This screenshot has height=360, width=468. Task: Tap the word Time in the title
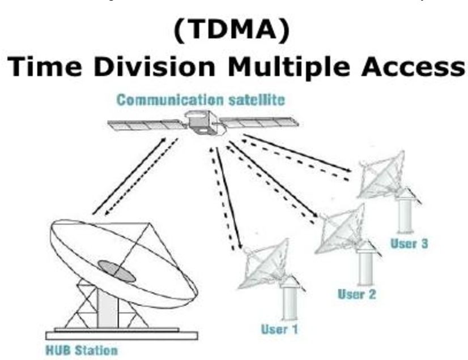pyautogui.click(x=48, y=67)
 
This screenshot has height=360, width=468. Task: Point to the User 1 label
pyautogui.click(x=279, y=328)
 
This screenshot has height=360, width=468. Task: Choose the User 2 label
pyautogui.click(x=357, y=294)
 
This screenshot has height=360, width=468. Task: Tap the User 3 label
pyautogui.click(x=409, y=244)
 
